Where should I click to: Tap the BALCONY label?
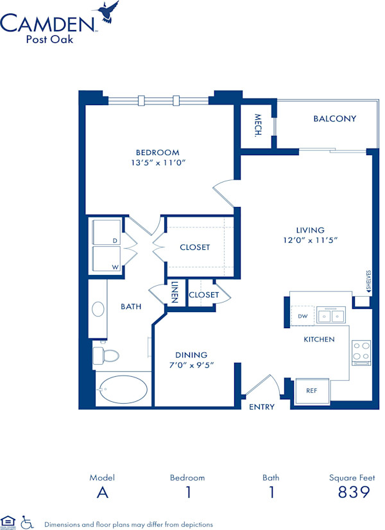[334, 119]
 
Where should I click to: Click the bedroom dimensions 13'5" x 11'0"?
[157, 163]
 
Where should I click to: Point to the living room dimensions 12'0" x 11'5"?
[310, 240]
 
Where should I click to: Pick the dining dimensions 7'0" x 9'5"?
[191, 365]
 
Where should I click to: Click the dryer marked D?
[107, 233]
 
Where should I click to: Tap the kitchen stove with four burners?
[361, 352]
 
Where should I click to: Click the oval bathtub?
[122, 389]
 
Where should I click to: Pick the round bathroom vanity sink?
[98, 310]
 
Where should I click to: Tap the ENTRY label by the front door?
[261, 407]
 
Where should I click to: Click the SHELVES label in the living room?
[369, 281]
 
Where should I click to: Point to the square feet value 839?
[353, 492]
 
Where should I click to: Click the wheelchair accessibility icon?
[27, 522]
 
